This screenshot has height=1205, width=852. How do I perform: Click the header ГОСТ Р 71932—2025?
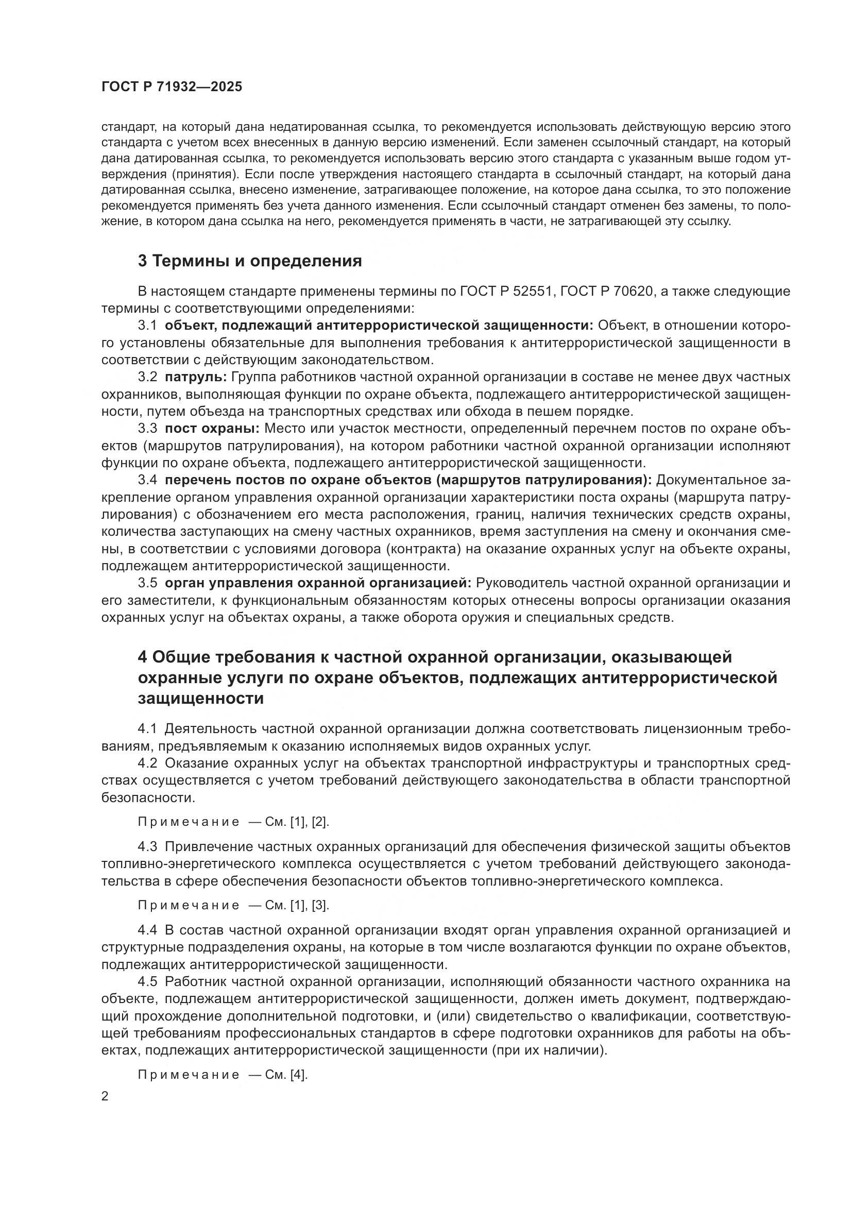(172, 87)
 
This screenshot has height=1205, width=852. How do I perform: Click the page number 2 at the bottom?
(105, 1096)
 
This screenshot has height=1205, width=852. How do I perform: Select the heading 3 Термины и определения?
(250, 261)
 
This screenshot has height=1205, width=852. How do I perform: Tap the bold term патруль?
(196, 377)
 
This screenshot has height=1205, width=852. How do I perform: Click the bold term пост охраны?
(212, 428)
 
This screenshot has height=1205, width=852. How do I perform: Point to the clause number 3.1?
(147, 326)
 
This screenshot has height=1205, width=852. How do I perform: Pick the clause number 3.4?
(147, 480)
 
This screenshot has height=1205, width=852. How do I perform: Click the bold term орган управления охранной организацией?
(318, 583)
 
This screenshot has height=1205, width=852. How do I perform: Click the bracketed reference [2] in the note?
(320, 822)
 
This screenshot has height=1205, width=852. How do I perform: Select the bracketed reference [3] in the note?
(320, 905)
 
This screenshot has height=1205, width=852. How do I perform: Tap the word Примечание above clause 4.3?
(189, 822)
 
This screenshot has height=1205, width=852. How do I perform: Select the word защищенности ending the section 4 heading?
(201, 699)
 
